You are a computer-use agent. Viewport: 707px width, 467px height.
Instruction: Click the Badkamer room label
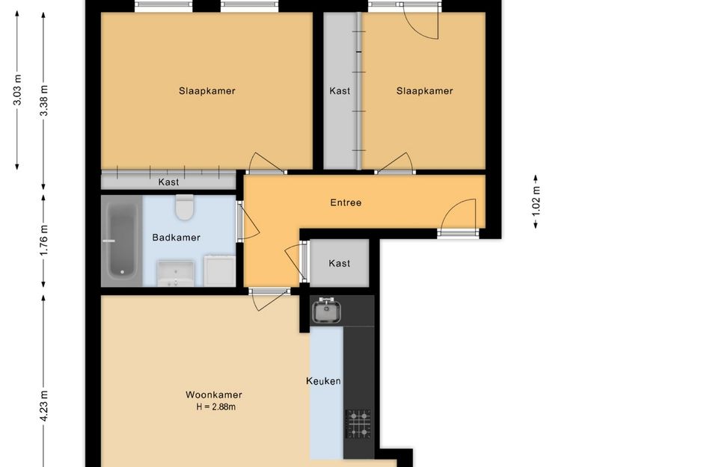176,238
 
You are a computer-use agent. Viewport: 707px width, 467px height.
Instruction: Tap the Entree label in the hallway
346,202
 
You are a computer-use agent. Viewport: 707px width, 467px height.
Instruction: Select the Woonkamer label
214,395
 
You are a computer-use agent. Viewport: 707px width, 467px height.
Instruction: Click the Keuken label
323,381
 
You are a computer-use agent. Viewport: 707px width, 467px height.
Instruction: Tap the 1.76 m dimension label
44,240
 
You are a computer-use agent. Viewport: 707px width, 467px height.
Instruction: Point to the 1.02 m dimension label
536,200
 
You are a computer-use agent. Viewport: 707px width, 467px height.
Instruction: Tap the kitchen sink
326,309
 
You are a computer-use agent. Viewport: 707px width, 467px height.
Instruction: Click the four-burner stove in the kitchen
358,424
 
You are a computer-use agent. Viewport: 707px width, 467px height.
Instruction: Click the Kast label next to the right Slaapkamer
340,91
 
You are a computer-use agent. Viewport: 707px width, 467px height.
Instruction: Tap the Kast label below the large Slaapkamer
168,182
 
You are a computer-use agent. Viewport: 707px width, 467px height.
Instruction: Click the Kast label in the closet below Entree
340,263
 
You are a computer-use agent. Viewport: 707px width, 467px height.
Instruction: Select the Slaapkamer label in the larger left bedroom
207,91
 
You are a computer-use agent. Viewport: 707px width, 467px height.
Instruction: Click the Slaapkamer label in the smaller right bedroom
424,91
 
